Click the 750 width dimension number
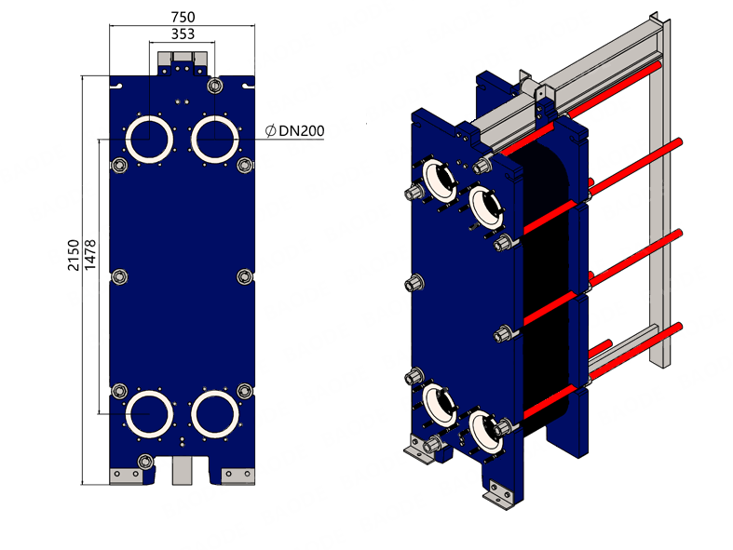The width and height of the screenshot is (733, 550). point(183,18)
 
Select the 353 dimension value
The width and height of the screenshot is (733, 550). point(183,34)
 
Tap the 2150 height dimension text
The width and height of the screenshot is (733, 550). point(74,255)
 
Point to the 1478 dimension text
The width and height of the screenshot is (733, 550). point(90,255)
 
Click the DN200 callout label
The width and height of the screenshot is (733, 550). point(302,131)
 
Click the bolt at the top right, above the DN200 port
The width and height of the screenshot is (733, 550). point(214,86)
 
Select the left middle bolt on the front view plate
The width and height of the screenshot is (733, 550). point(119,277)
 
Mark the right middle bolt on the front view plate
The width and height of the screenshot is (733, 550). point(245,277)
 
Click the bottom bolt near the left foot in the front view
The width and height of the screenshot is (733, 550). point(145,462)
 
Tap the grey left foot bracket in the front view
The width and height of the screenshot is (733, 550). point(127,476)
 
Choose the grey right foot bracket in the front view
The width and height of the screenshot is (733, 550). point(238,476)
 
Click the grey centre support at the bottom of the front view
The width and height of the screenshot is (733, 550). point(183,471)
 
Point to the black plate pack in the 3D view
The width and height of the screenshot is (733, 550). point(546,280)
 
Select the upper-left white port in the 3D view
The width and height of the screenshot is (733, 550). point(440,181)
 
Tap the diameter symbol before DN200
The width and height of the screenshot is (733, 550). point(270,131)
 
